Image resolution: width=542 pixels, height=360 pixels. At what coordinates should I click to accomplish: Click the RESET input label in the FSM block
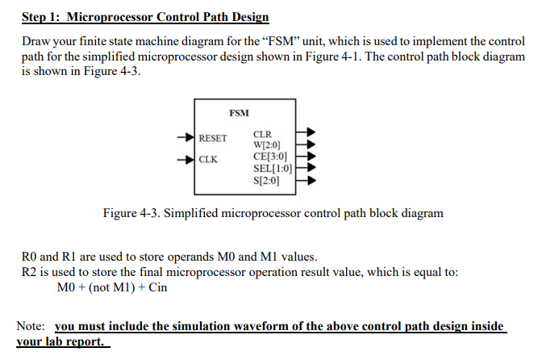click(214, 138)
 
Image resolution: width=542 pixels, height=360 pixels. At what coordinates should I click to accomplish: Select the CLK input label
click(208, 158)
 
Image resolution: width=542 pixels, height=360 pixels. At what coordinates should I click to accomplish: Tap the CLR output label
click(263, 135)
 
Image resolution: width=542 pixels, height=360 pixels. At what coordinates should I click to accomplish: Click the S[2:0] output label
click(266, 180)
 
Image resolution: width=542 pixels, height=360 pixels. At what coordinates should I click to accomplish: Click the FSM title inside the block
click(239, 112)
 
